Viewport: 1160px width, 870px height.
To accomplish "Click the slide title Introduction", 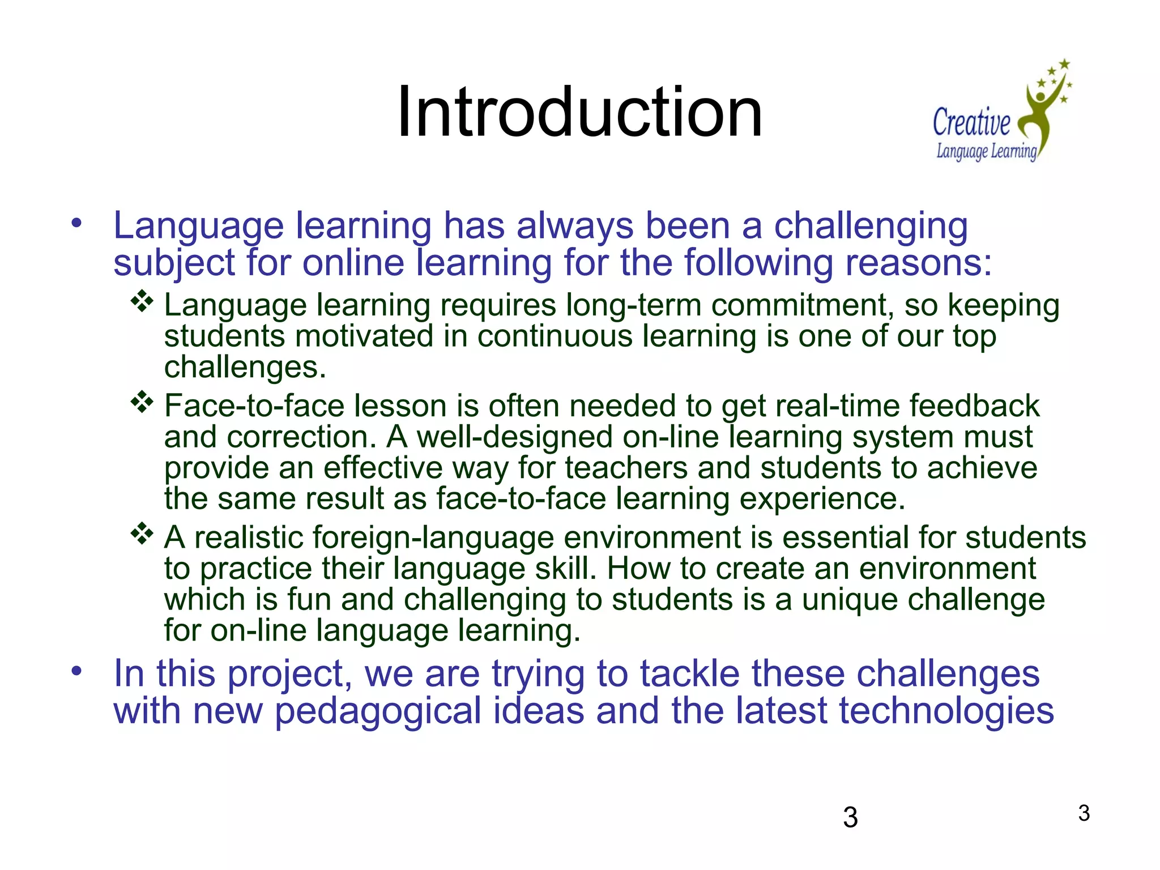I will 579,112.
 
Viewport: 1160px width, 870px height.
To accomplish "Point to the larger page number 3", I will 850,817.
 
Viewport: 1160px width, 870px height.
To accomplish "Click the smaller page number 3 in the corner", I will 1084,813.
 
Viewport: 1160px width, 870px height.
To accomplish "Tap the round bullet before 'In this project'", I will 76,672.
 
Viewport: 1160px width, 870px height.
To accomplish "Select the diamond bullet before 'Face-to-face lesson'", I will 142,402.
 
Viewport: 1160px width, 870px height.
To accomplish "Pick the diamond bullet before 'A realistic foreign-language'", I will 142,534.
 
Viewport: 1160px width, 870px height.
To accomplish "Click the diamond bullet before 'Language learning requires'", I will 142,301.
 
